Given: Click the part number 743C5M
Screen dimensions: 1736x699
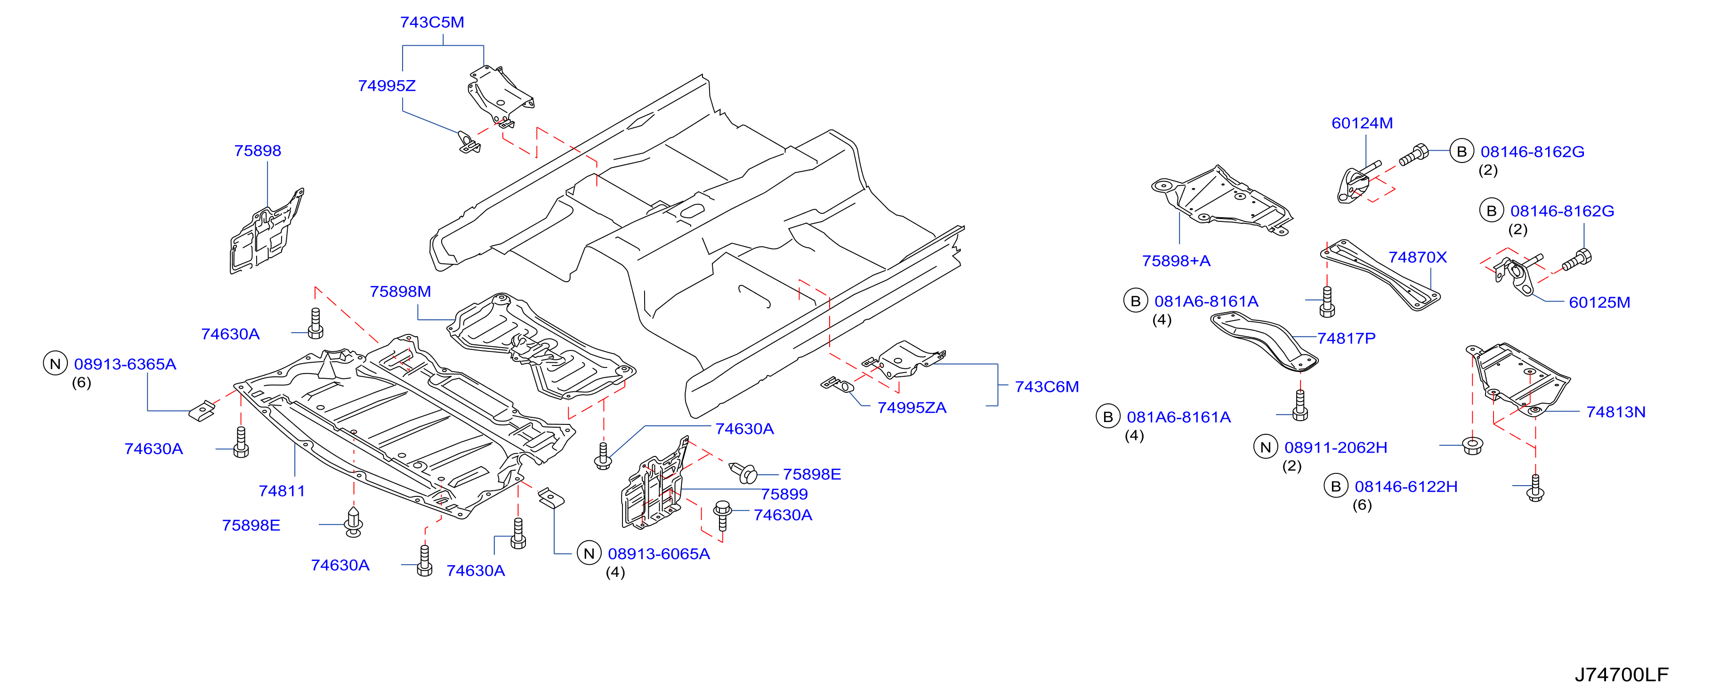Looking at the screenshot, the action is (x=432, y=22).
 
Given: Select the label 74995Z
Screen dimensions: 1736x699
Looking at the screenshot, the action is (x=387, y=86).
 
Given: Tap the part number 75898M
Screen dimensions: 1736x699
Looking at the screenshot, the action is (x=400, y=291).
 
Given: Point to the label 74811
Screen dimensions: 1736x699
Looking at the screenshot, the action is (x=282, y=491).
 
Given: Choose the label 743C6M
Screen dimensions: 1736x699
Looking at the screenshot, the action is (x=1047, y=386).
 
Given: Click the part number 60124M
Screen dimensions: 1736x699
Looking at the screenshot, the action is (x=1362, y=122).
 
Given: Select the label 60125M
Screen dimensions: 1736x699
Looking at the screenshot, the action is (x=1599, y=302).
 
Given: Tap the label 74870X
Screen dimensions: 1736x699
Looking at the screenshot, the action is (x=1417, y=257).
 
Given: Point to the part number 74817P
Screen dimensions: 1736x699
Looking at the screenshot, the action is (x=1347, y=338).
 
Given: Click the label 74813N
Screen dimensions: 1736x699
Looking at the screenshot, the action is (x=1615, y=412).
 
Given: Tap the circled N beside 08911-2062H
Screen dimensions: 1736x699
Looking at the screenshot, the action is (x=1266, y=447).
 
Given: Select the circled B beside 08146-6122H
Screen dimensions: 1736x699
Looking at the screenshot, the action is (x=1336, y=486).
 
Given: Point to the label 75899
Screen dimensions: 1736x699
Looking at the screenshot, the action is (x=784, y=494).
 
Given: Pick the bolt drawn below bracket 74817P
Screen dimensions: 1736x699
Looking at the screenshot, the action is (x=1300, y=405).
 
